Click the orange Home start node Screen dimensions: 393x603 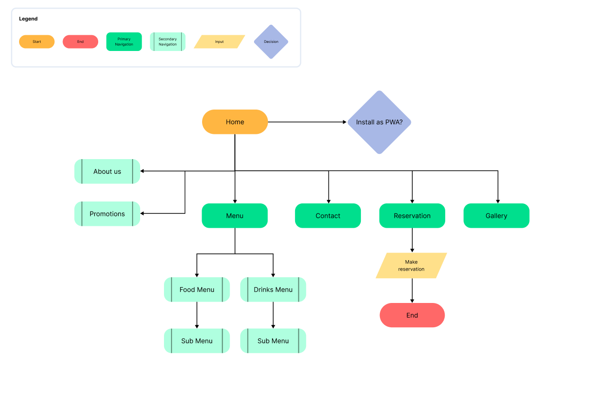[x=235, y=122]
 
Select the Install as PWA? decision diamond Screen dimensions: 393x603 [x=379, y=122]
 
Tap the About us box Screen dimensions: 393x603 [x=107, y=171]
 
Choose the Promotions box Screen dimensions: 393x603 [x=107, y=214]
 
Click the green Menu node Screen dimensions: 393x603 [x=235, y=216]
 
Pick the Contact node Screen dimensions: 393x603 [x=328, y=216]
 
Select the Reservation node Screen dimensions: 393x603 [x=412, y=216]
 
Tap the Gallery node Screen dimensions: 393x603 [x=496, y=216]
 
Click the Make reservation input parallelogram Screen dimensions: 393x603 [x=411, y=266]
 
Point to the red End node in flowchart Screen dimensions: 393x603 [x=412, y=315]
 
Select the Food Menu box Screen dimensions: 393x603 [x=197, y=290]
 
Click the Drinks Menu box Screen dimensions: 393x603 [x=273, y=290]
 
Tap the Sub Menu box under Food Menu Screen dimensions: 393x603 [x=197, y=341]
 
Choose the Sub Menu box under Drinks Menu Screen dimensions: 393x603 [x=273, y=341]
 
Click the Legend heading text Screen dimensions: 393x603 [x=28, y=19]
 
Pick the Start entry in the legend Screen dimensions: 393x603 [x=37, y=42]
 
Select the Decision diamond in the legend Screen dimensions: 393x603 [x=271, y=42]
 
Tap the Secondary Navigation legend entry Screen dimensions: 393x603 [x=168, y=42]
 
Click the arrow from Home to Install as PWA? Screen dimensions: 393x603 [x=307, y=122]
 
